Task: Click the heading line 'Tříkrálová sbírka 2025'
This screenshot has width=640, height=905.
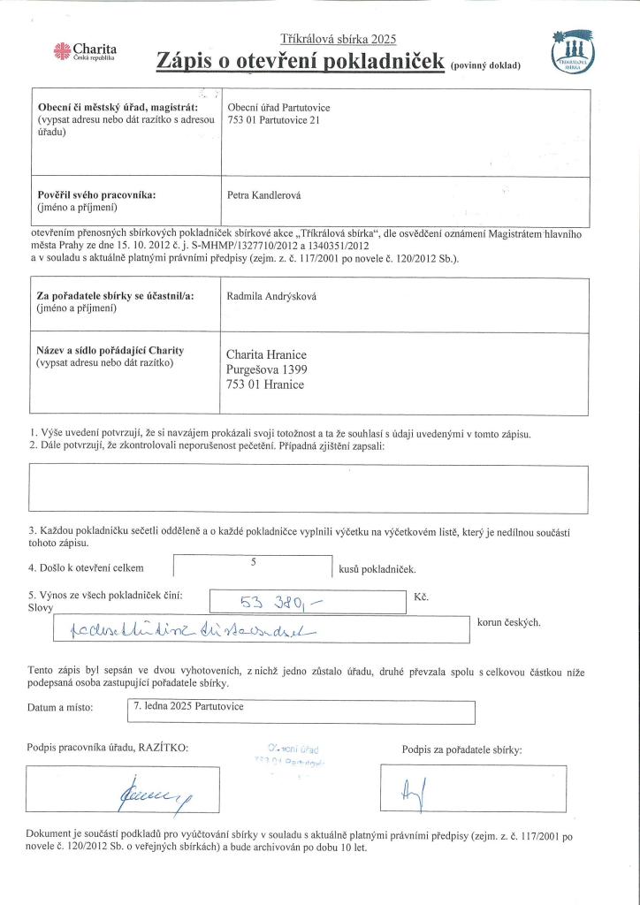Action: coord(339,38)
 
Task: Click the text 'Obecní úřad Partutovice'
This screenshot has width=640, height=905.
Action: coord(279,108)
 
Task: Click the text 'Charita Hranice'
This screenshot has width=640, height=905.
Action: coord(266,355)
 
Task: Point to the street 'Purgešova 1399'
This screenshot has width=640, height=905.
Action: coord(267,369)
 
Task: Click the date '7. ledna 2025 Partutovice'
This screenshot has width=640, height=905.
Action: coord(188,707)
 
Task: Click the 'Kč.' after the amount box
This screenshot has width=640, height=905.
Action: coord(421,598)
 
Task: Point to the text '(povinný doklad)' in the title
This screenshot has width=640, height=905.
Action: coord(485,65)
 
